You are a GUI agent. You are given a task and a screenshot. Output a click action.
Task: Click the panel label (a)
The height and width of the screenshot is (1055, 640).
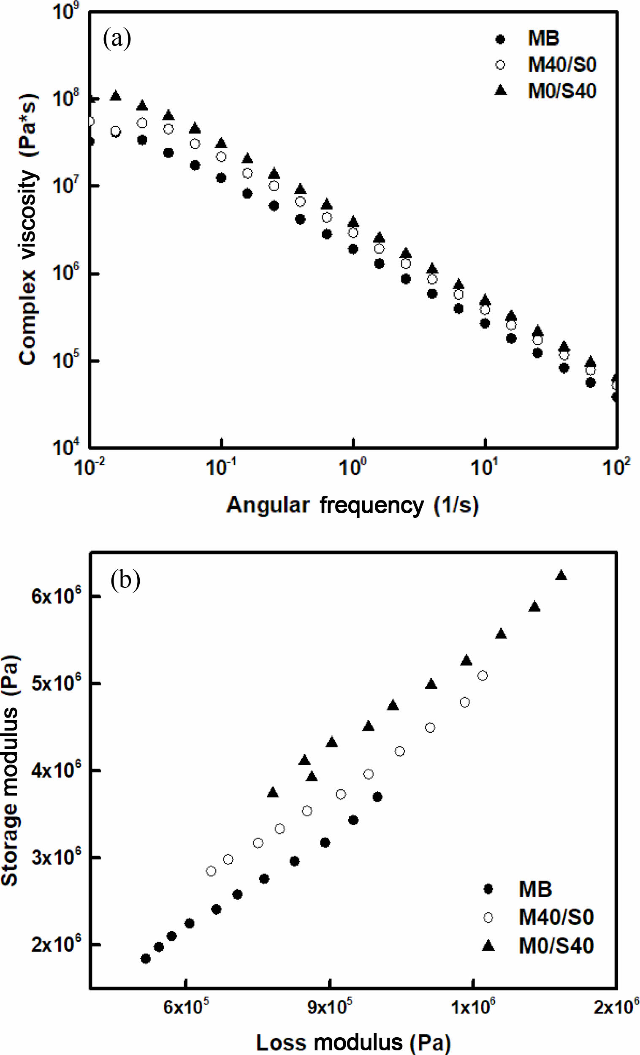(x=117, y=39)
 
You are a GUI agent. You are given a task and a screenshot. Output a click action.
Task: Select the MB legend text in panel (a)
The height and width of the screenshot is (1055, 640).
(x=543, y=38)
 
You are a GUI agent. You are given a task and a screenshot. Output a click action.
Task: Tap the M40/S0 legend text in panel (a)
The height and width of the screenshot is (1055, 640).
(x=561, y=65)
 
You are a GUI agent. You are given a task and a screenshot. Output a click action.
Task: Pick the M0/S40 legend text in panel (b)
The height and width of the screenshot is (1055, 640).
(x=556, y=946)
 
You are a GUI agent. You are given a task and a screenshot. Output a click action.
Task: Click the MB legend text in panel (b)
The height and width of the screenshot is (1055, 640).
(x=535, y=889)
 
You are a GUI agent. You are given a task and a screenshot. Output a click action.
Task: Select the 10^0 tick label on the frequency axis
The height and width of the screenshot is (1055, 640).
(x=353, y=468)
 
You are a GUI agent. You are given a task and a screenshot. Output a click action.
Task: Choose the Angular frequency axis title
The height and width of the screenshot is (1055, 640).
(x=353, y=505)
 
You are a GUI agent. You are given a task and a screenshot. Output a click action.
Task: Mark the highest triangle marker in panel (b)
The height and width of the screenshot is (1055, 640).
(x=561, y=576)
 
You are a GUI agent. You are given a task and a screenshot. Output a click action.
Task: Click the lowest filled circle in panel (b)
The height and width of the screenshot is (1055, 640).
(x=146, y=959)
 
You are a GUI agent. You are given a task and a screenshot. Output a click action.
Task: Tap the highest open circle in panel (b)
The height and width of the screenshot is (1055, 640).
(x=483, y=676)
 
